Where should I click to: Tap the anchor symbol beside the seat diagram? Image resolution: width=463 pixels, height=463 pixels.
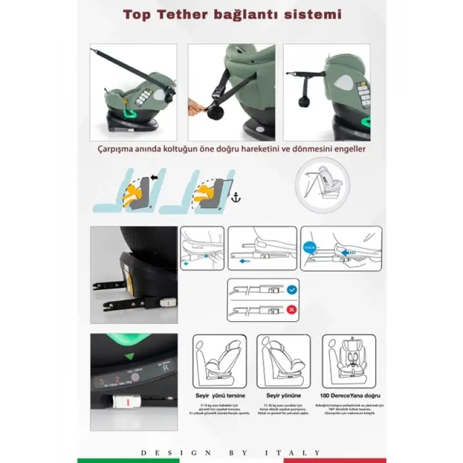click(236, 198)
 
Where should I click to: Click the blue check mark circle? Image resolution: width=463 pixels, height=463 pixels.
click(292, 288)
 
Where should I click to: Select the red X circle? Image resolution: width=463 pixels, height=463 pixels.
click(292, 310)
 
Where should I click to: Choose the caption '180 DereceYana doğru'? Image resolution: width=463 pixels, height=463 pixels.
click(349, 395)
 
